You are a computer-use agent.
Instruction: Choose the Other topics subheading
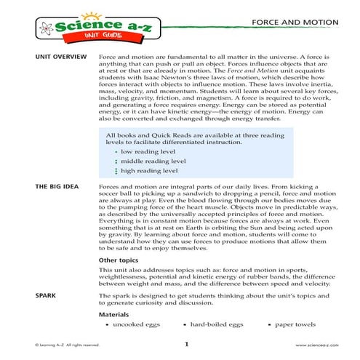coord(117,259)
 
